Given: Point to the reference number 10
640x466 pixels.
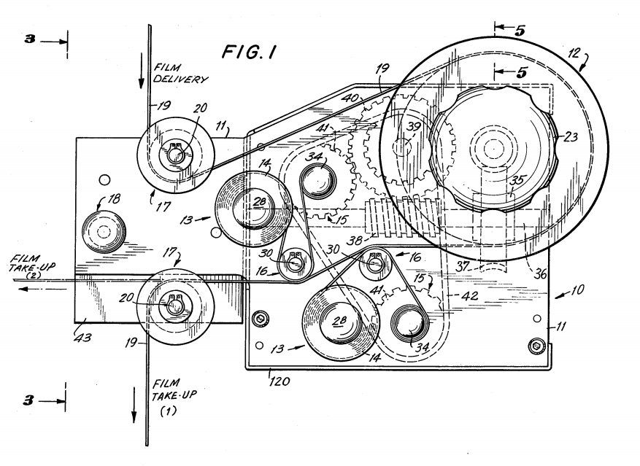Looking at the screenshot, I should [x=577, y=290].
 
